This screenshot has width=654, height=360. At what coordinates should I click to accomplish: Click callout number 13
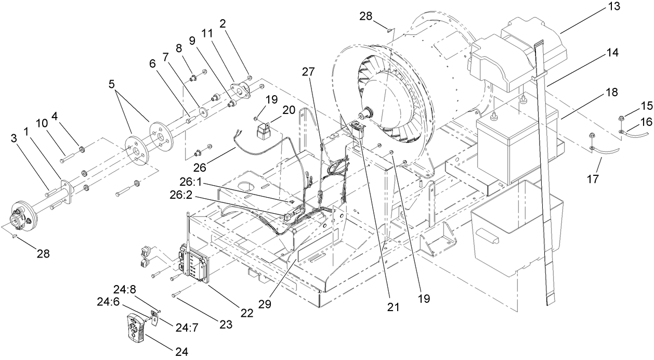click(633, 8)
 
